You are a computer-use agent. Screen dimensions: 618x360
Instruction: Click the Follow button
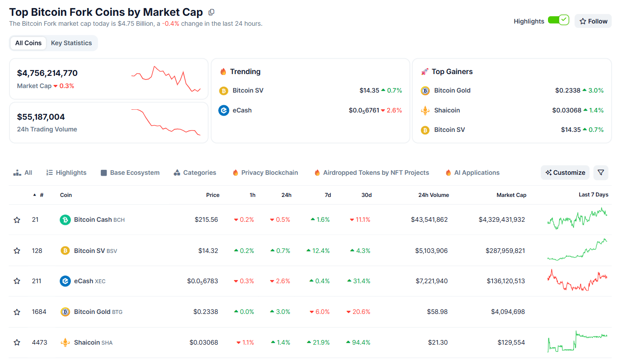[x=593, y=21]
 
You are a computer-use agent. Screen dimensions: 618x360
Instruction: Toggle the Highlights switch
[x=558, y=20]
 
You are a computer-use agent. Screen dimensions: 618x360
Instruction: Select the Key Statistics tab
[x=71, y=43]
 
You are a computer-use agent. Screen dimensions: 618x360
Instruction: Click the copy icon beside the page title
[x=211, y=12]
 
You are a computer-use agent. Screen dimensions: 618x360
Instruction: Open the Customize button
[x=565, y=173]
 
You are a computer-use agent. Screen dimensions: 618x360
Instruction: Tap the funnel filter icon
[x=601, y=173]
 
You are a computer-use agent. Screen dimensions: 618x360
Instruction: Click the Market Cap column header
[x=511, y=195]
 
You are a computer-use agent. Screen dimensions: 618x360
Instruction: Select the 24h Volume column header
[x=433, y=195]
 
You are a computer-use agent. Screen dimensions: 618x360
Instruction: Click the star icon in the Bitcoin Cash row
[x=17, y=220]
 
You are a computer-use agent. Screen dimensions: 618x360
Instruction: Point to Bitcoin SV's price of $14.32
[x=208, y=251]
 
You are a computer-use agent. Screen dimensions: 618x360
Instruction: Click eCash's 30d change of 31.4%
[x=359, y=281]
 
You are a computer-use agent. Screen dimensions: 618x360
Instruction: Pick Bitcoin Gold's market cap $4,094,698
[x=508, y=312]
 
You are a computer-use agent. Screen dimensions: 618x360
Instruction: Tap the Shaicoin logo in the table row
[x=65, y=343]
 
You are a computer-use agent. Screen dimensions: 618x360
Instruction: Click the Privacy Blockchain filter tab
[x=265, y=173]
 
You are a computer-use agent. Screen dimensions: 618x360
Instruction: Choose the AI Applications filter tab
[x=473, y=173]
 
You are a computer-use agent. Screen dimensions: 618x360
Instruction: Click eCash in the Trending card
[x=242, y=110]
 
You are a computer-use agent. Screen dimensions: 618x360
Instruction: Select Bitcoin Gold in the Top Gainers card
[x=452, y=90]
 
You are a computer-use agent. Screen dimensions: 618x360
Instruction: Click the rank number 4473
[x=39, y=343]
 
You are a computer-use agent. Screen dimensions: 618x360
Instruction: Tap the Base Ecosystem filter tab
[x=130, y=173]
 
